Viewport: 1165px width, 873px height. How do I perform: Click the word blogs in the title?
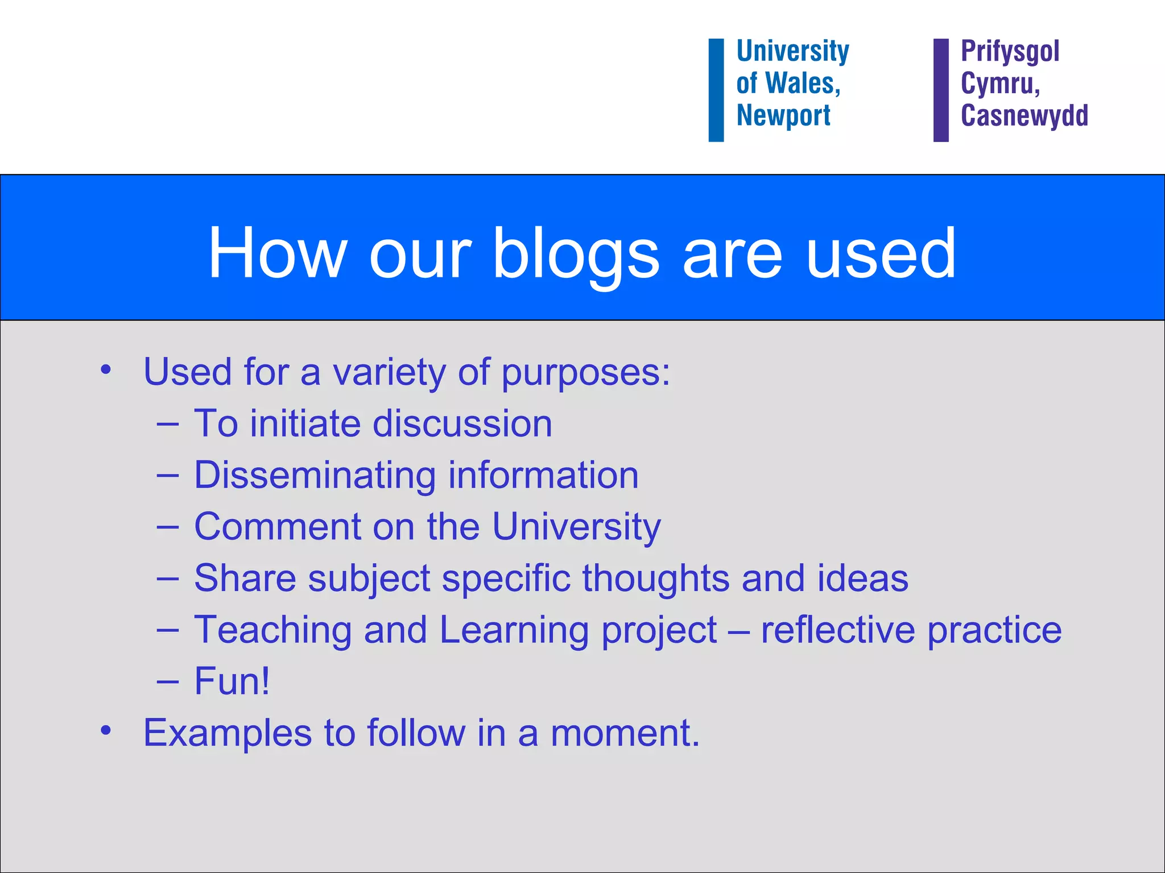575,253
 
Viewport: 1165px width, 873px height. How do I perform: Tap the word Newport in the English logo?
783,115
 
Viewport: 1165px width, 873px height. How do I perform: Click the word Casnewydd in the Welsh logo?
1024,115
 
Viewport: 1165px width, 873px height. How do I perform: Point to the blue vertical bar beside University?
716,90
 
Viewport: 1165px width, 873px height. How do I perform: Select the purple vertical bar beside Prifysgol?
941,90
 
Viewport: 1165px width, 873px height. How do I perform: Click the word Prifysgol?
1010,51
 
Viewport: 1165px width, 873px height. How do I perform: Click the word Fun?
232,681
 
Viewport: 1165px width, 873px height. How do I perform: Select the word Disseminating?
315,475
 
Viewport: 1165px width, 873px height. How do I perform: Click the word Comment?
278,526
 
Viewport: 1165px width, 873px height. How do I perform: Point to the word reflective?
838,630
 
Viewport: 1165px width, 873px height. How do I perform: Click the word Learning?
514,630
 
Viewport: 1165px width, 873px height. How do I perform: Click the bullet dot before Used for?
105,370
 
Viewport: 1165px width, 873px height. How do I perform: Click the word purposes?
585,373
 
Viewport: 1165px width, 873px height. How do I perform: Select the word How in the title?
277,253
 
